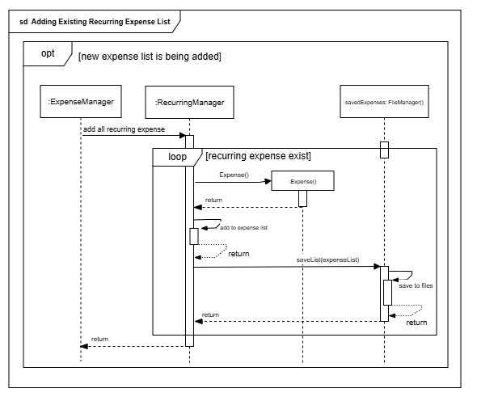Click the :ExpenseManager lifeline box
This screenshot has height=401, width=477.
(81, 101)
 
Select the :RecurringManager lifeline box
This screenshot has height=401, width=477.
(189, 102)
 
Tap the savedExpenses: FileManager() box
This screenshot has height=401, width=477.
(384, 101)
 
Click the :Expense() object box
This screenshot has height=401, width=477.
(302, 181)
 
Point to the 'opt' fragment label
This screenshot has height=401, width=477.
(48, 53)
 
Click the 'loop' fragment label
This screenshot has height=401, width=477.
(177, 157)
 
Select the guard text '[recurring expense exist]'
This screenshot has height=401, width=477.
(258, 156)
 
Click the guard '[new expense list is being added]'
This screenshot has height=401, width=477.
(150, 57)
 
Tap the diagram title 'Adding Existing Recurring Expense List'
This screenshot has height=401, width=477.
(101, 22)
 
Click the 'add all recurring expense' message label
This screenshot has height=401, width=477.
(125, 129)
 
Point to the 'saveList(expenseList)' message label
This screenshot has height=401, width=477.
(327, 260)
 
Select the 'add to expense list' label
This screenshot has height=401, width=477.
(243, 227)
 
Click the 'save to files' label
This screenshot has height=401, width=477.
(416, 285)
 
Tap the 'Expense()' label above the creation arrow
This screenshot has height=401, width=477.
(234, 175)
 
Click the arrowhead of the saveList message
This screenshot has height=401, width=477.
(377, 267)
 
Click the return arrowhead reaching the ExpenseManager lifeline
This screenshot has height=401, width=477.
(84, 346)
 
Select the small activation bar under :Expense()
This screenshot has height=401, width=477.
(302, 198)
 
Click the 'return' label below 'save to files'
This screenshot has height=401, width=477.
(416, 323)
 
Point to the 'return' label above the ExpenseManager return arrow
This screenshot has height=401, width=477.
(99, 339)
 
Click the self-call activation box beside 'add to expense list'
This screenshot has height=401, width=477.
(194, 236)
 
